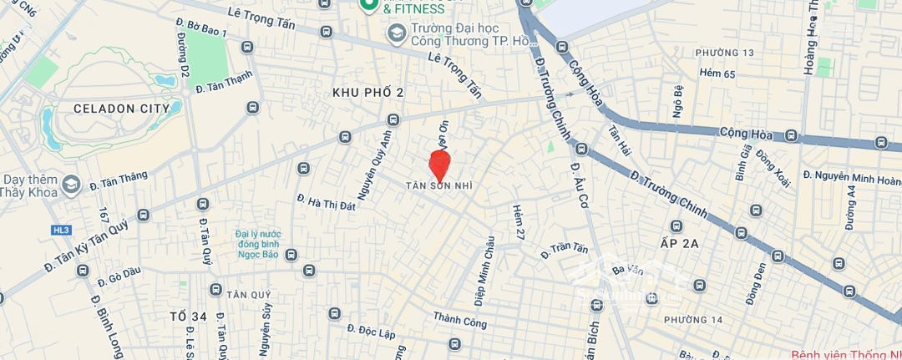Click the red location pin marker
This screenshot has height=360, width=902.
[x=439, y=162]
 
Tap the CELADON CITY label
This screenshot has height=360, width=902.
[x=122, y=109]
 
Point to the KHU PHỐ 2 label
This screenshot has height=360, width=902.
[x=367, y=92]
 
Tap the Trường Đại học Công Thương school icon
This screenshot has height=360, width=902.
[x=396, y=33]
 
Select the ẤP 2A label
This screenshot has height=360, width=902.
[x=678, y=244]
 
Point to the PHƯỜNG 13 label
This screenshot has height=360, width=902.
[x=725, y=53]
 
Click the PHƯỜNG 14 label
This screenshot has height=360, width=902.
[x=693, y=320]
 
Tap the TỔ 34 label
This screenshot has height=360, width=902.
[x=188, y=317]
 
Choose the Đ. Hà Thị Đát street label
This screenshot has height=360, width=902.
[x=327, y=200]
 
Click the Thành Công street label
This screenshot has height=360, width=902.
[x=459, y=318]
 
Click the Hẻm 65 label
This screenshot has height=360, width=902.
[x=717, y=74]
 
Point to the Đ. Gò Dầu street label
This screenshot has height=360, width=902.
[x=119, y=273]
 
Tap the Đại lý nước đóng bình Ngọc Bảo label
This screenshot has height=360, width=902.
[x=258, y=244]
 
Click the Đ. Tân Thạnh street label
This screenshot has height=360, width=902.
[x=224, y=82]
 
